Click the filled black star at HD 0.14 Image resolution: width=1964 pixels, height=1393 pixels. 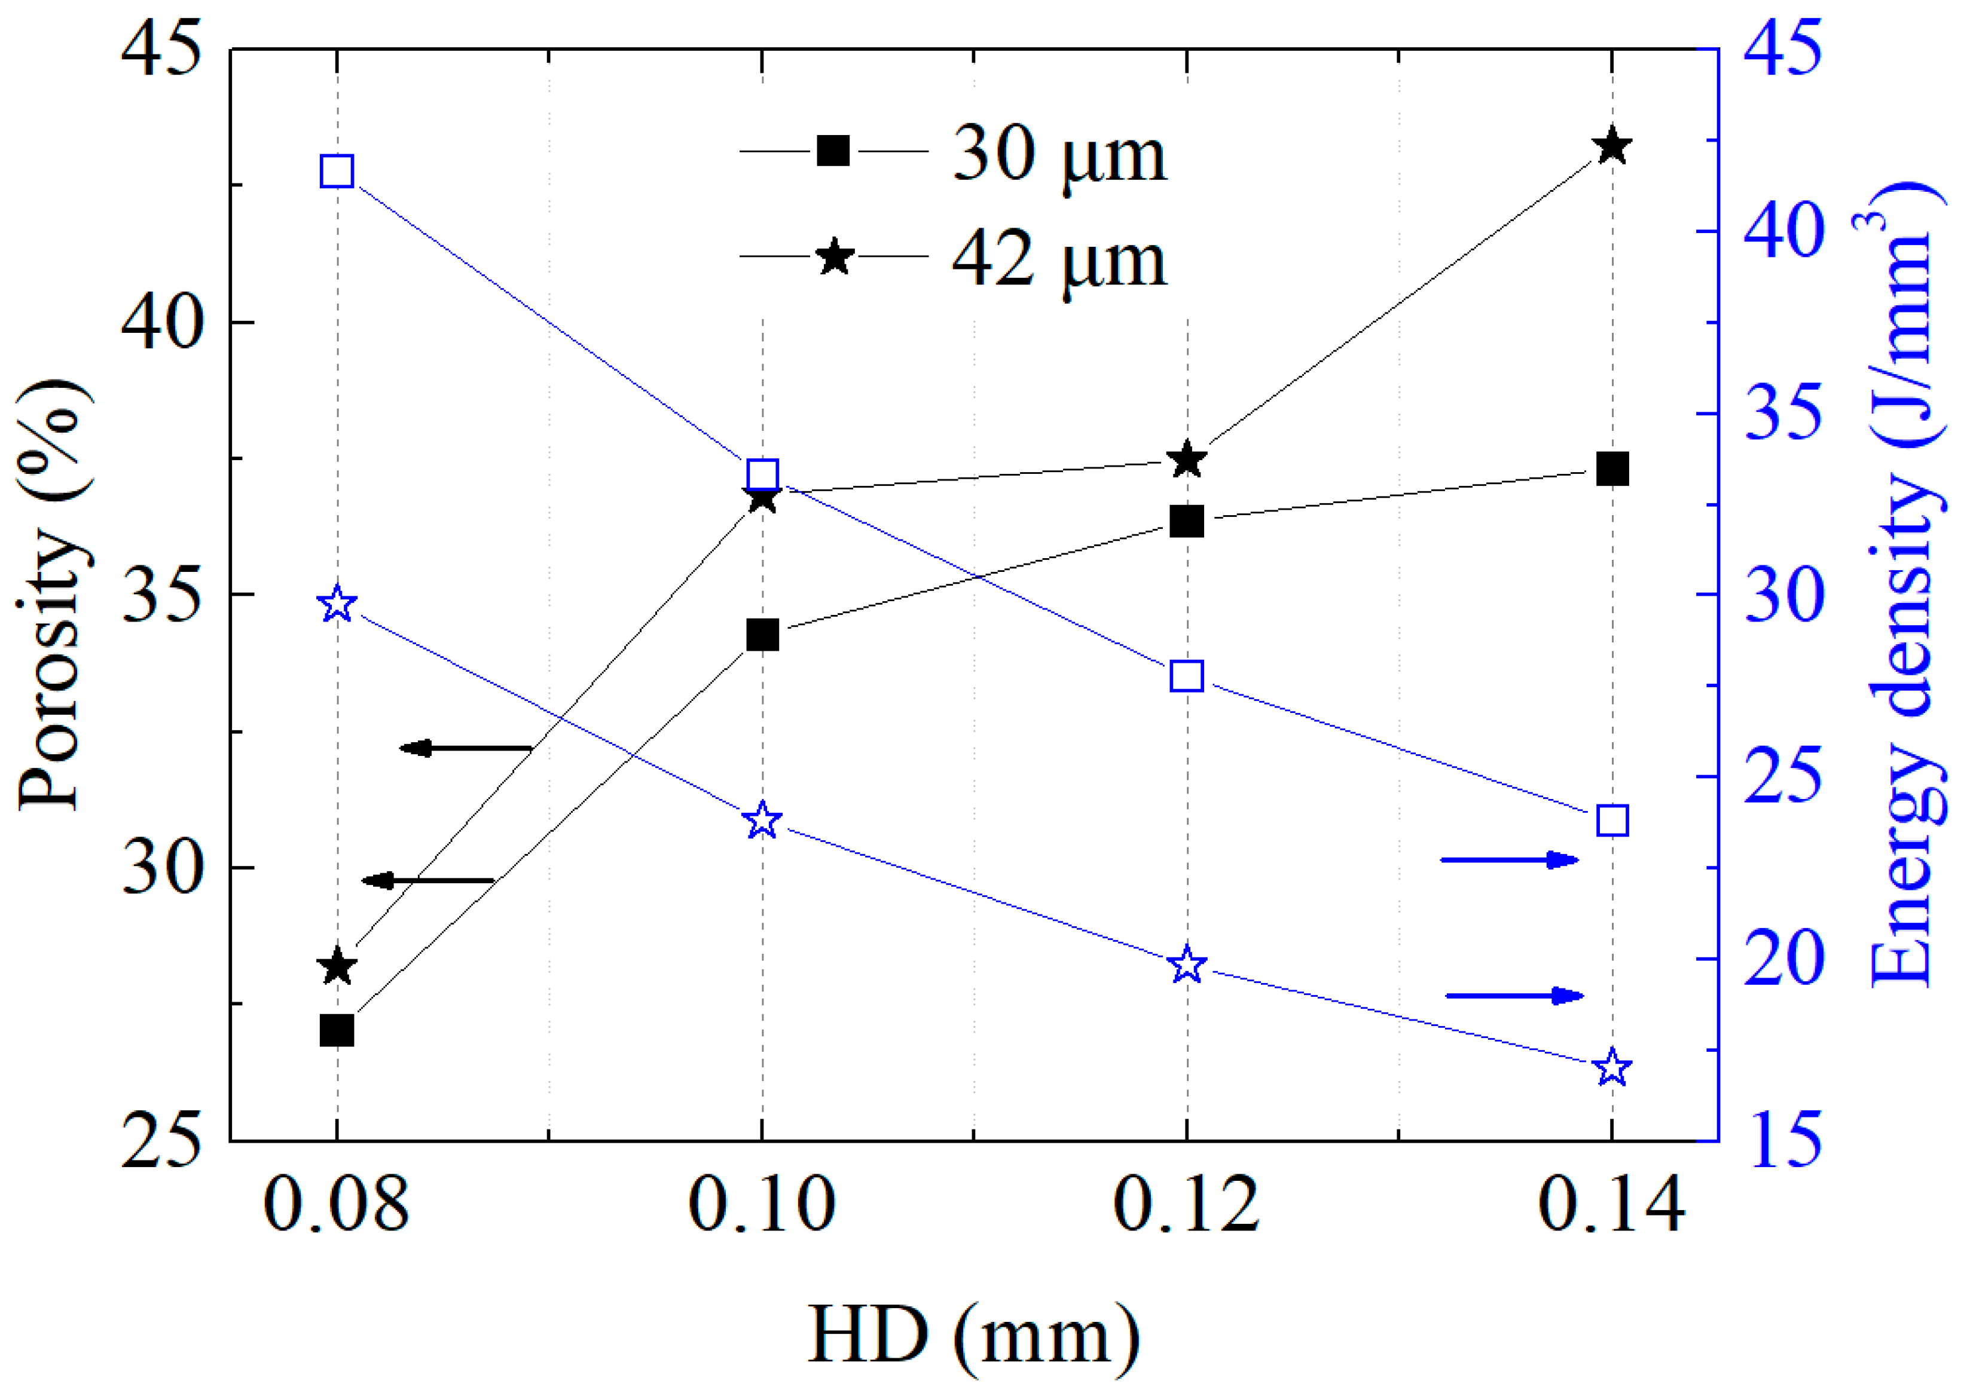click(1612, 146)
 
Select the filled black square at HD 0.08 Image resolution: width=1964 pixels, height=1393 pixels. click(337, 1030)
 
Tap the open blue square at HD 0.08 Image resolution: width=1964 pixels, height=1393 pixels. click(337, 172)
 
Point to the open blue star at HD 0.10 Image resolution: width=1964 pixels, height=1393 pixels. click(762, 822)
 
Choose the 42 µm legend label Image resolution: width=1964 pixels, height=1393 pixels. click(1059, 259)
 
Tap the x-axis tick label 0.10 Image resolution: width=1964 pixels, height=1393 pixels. click(762, 1204)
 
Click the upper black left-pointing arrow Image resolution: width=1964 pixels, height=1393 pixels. click(466, 749)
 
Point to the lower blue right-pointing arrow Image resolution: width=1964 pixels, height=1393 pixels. click(1514, 996)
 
